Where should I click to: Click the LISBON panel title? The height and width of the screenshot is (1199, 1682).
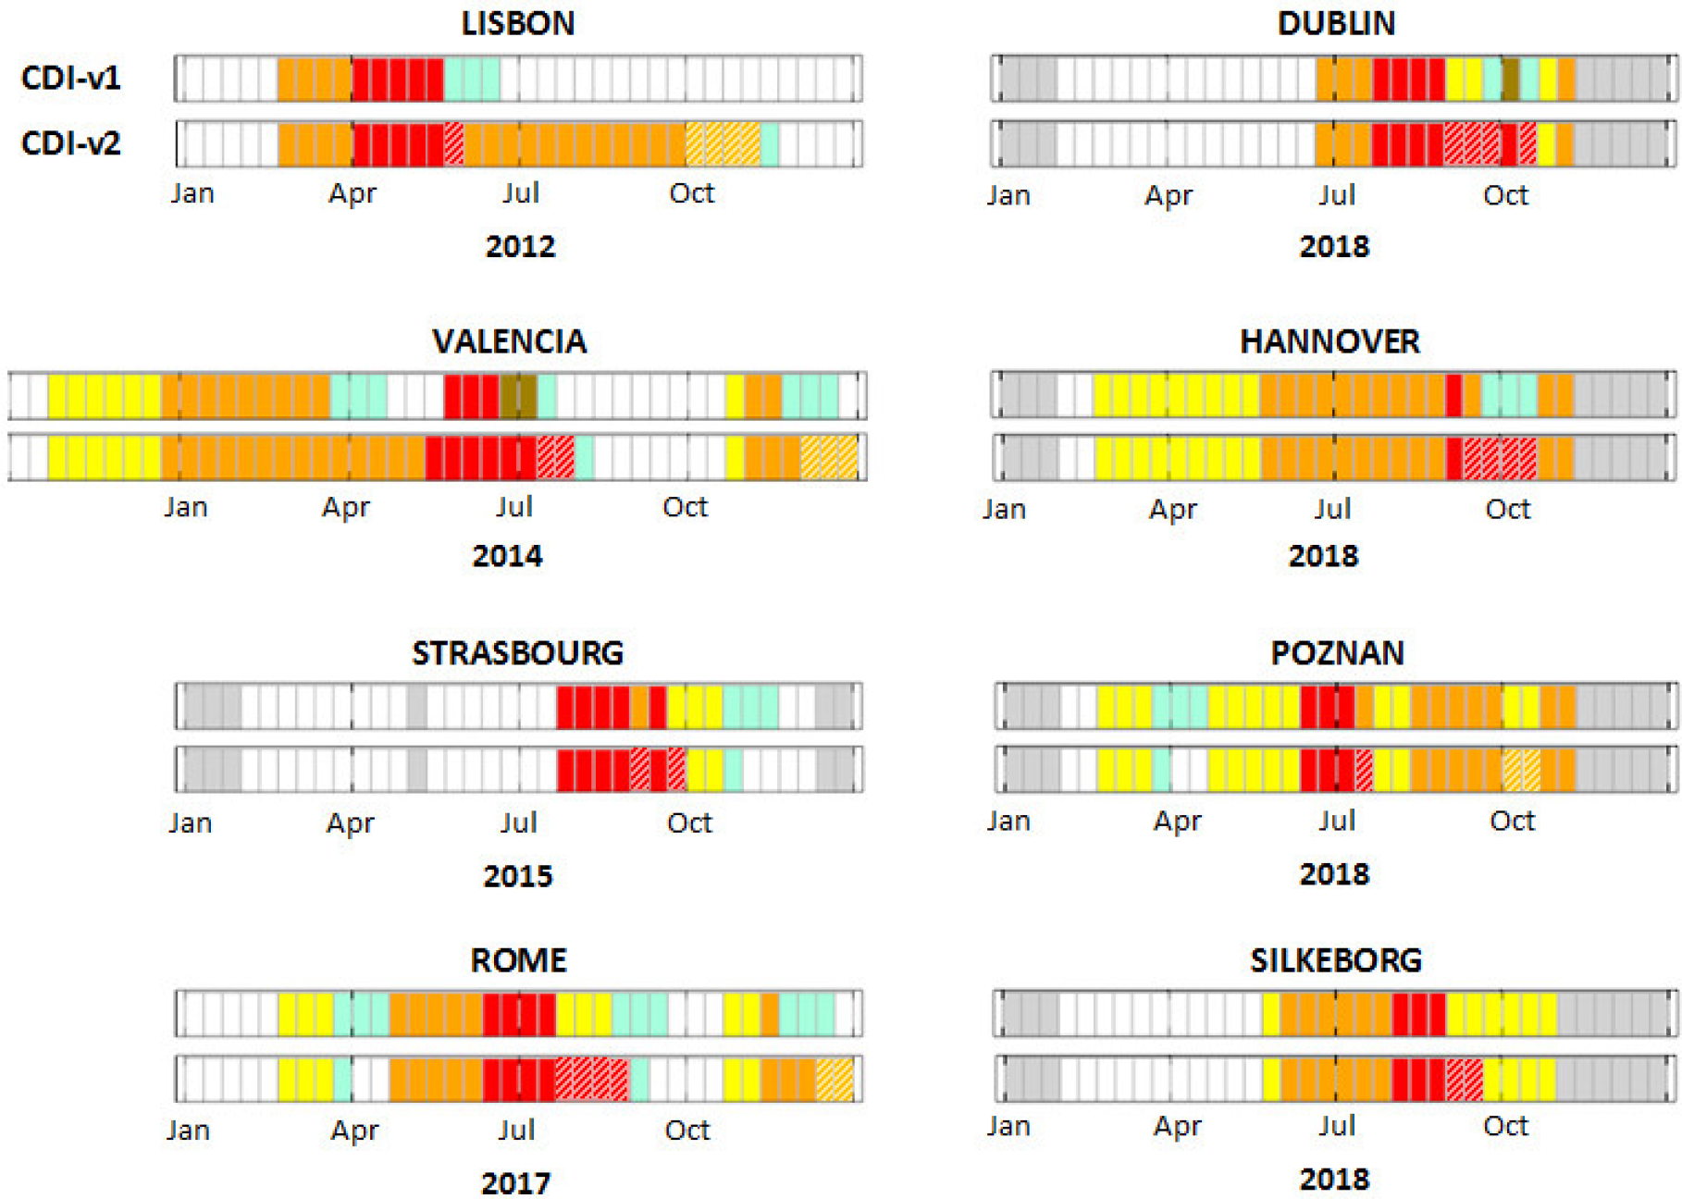click(x=518, y=23)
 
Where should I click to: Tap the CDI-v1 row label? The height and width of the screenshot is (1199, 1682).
click(x=71, y=78)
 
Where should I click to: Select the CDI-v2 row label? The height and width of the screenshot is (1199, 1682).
click(x=71, y=143)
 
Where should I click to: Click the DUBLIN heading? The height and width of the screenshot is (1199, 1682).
click(x=1336, y=23)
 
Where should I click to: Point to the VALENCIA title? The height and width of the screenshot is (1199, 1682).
click(x=509, y=341)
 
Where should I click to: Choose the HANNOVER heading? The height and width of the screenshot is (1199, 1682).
click(x=1330, y=341)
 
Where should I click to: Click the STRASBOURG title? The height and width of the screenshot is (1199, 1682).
click(x=517, y=653)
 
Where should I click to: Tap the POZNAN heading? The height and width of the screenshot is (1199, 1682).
click(x=1337, y=653)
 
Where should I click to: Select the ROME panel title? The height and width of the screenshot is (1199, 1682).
click(x=518, y=960)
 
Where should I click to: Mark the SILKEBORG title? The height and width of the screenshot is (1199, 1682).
click(x=1336, y=960)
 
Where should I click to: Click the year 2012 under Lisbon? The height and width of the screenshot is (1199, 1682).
click(x=520, y=246)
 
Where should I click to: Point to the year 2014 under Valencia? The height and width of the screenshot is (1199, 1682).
click(x=507, y=556)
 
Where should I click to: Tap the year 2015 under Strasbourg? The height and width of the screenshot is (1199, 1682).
click(x=517, y=875)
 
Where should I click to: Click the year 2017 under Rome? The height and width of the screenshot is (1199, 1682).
click(x=515, y=1182)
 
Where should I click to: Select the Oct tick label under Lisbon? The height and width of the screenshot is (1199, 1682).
click(x=691, y=193)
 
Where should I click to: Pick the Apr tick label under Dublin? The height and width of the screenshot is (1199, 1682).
click(x=1169, y=196)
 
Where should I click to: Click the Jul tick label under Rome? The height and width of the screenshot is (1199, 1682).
click(x=516, y=1131)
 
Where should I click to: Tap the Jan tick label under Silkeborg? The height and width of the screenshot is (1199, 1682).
click(x=1008, y=1127)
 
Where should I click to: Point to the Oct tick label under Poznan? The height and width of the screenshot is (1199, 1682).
click(x=1512, y=821)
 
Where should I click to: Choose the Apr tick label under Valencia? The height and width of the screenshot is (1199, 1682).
click(x=345, y=508)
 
